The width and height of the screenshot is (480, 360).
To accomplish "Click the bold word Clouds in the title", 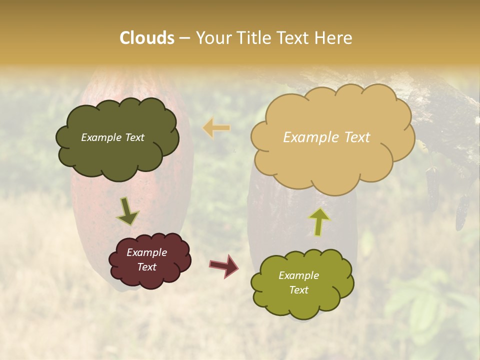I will pos(147,38).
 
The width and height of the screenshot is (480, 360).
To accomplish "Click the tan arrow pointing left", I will pos(216,128).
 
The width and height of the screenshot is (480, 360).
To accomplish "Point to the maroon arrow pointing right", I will pos(223,265).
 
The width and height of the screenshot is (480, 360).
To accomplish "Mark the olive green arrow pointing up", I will pos(319,221).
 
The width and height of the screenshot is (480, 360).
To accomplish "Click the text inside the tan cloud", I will pos(326,137).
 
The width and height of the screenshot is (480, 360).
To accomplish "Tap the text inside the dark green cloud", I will pos(112,137).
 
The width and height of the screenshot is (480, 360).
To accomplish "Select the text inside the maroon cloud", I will pos(146,260).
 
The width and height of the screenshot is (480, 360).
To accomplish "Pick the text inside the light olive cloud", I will pos(298,282).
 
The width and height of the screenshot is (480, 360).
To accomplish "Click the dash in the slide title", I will pos(184,38).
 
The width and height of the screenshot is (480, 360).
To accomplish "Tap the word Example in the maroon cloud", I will pos(146,253).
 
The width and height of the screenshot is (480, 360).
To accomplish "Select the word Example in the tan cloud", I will pos(306,137).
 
